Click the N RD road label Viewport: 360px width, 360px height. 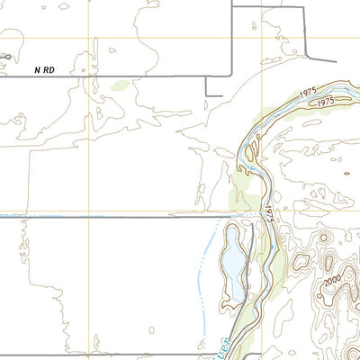tap(46, 68)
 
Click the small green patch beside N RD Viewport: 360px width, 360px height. tap(120, 86)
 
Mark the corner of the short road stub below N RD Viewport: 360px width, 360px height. tap(207, 94)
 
